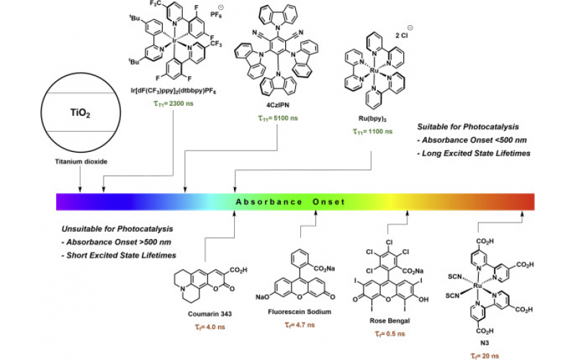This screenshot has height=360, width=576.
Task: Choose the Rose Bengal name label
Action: pos(389,320)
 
